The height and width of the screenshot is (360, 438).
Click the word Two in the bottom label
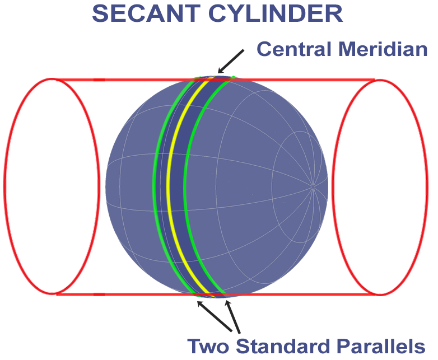207,345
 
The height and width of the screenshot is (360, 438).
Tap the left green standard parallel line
154,185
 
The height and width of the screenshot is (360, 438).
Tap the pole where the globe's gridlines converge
313,185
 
